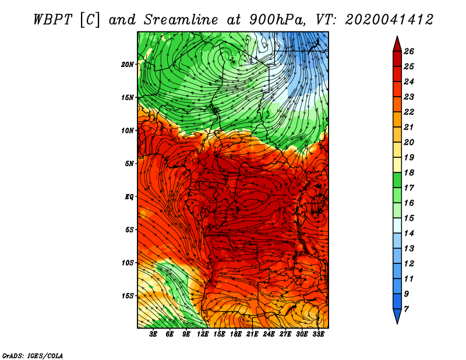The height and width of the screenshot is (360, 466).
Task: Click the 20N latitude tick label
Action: pos(128,65)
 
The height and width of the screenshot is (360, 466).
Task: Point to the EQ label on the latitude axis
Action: pos(129,197)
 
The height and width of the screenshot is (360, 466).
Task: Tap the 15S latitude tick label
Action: pos(128,296)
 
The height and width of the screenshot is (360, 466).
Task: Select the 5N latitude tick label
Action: pos(129,164)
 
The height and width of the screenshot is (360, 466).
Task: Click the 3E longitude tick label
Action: pos(153,334)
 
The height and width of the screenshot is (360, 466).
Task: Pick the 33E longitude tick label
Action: pos(318,334)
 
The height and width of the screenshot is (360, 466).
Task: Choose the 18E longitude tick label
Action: pos(236,334)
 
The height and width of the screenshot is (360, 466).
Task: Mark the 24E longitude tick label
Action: pos(269,334)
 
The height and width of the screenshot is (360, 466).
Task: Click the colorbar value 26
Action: pos(409,51)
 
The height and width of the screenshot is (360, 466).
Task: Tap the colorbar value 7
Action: pos(406,309)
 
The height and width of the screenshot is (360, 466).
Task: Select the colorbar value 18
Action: pos(409,172)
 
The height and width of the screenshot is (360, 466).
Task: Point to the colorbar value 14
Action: pos(409,234)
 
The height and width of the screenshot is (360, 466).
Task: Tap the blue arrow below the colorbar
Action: pos(397,315)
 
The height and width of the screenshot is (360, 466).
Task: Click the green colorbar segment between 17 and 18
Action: pos(397,180)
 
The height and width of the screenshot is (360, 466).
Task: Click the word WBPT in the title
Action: pos(52,20)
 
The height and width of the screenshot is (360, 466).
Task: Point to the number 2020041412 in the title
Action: pos(389,20)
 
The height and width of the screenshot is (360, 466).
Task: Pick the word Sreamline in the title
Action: pos(181,20)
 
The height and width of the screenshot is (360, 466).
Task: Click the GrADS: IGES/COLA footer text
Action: pos(33,355)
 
